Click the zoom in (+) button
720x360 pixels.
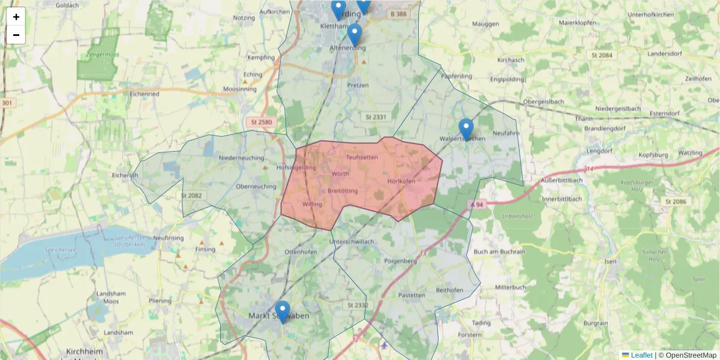(x=16, y=17)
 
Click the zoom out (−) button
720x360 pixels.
(x=16, y=35)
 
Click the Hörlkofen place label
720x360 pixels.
(x=401, y=181)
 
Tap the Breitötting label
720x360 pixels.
(x=343, y=191)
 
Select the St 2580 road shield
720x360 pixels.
(x=262, y=122)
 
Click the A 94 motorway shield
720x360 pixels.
(x=476, y=204)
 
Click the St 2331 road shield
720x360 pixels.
(x=375, y=117)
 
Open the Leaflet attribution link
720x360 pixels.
(x=641, y=355)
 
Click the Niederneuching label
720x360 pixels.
(x=242, y=158)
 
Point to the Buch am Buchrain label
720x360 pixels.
(x=499, y=251)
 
